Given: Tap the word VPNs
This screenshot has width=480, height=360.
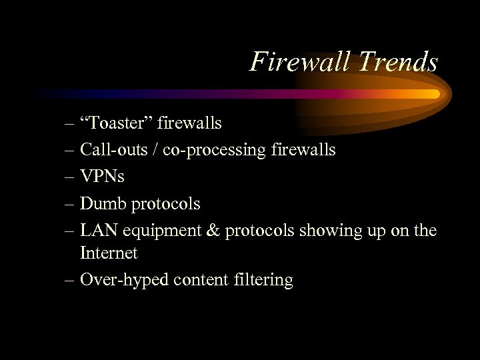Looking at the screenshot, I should [102, 176].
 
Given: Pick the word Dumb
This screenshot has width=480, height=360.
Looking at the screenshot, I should [103, 202].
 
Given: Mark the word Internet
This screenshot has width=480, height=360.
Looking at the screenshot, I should [109, 253].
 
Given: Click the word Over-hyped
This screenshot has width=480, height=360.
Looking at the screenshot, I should [124, 280].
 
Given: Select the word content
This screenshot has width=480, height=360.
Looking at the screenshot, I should [199, 279].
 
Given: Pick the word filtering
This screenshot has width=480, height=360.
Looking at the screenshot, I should [263, 280].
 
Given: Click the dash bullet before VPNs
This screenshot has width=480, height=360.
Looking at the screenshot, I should [70, 177].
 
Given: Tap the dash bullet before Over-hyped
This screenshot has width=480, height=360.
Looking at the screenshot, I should [70, 280].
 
